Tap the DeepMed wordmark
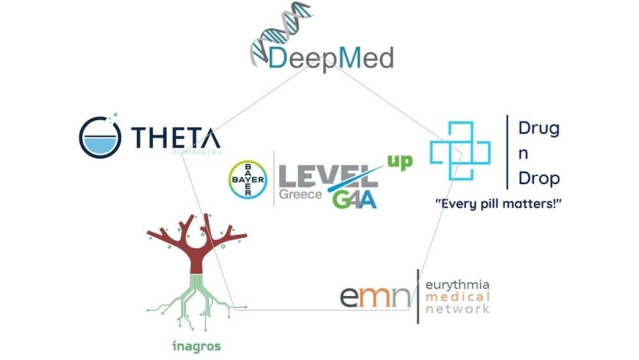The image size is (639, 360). pos(331,59)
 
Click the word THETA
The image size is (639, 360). pos(176,137)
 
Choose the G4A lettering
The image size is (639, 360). pos(354,198)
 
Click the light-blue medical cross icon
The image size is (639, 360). pos(459,152)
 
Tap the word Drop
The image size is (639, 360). pos(539,178)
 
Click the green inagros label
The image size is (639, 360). pos(197,347)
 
